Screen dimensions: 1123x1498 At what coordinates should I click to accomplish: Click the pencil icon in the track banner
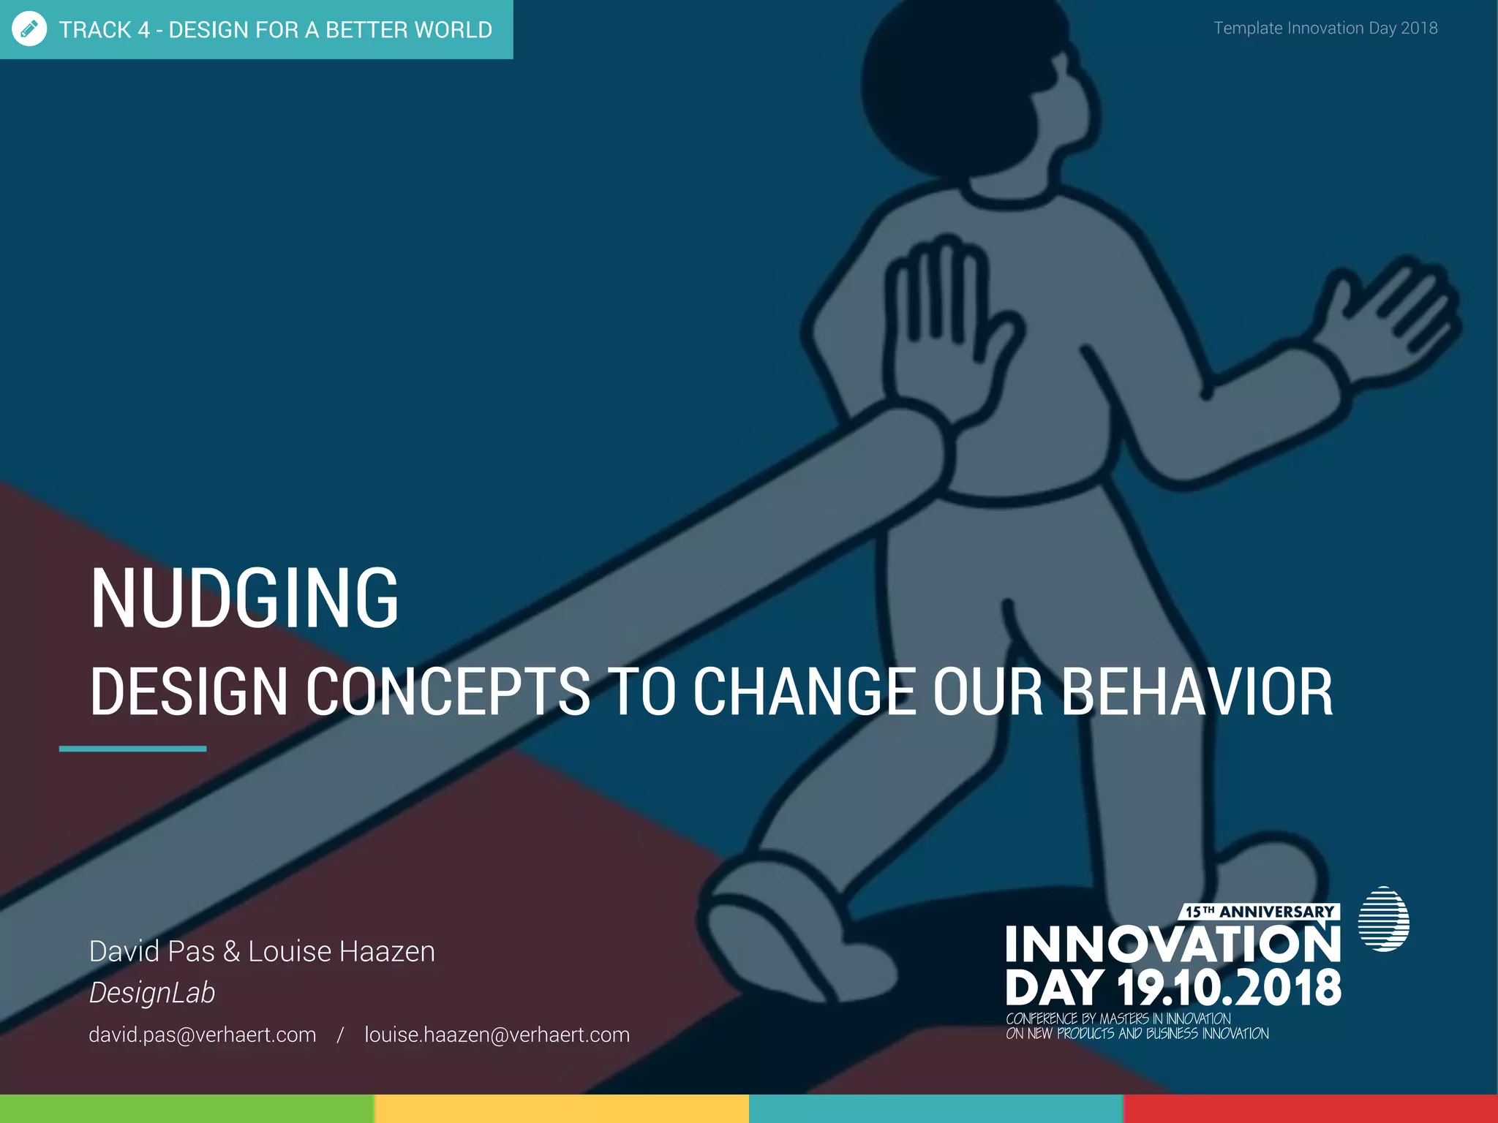pyautogui.click(x=29, y=29)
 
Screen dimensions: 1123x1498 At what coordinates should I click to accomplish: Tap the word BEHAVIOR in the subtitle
pyautogui.click(x=1197, y=692)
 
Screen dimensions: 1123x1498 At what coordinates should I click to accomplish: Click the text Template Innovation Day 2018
pyautogui.click(x=1325, y=28)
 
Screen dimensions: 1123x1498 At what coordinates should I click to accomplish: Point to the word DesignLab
pyautogui.click(x=152, y=993)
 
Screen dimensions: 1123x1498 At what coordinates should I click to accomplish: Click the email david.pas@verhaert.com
pyautogui.click(x=203, y=1035)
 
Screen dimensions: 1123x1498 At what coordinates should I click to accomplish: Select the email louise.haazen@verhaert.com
pyautogui.click(x=497, y=1035)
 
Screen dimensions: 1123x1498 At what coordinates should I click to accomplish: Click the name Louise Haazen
pyautogui.click(x=342, y=951)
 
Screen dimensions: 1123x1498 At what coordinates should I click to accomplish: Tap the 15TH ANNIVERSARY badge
pyautogui.click(x=1260, y=912)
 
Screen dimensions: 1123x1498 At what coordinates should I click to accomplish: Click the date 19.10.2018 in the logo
pyautogui.click(x=1229, y=988)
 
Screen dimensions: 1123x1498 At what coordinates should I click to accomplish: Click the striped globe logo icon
pyautogui.click(x=1383, y=919)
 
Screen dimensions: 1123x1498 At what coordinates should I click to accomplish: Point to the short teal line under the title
pyautogui.click(x=132, y=749)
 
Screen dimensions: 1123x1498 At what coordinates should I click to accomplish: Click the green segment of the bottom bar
pyautogui.click(x=187, y=1108)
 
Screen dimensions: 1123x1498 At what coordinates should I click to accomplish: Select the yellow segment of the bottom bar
pyautogui.click(x=561, y=1108)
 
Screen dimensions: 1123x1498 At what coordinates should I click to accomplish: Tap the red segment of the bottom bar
pyautogui.click(x=1310, y=1108)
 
